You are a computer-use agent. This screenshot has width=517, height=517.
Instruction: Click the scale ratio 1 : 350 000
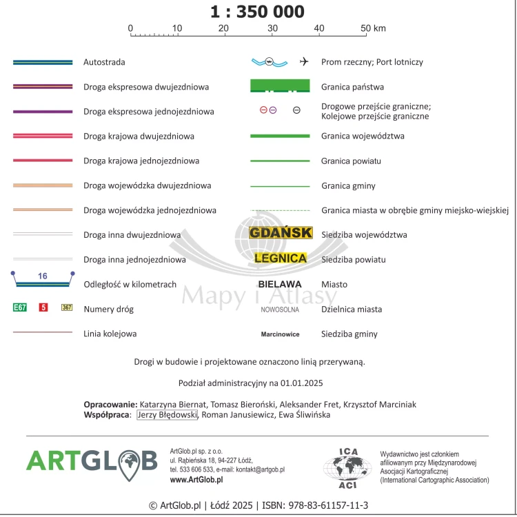[256, 12]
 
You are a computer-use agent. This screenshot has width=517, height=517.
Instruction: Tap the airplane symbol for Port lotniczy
[304, 62]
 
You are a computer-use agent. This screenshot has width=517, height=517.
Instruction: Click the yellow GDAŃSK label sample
[281, 233]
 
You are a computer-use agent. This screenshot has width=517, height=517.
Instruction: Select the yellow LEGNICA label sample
[280, 258]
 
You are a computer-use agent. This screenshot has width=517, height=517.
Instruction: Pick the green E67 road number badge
[20, 307]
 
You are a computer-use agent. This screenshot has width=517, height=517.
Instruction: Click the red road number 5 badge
[43, 307]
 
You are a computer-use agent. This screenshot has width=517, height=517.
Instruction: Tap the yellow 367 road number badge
[67, 307]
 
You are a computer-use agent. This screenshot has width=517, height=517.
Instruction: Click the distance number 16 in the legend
[43, 276]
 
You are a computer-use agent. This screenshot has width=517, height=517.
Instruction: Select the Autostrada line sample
[43, 62]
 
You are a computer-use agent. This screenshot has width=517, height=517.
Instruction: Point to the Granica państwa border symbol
[279, 87]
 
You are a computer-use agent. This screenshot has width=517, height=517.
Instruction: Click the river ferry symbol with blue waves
[269, 62]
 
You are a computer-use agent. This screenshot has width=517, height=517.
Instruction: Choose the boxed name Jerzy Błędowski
[168, 415]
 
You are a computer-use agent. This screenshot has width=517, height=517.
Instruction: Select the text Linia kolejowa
[110, 334]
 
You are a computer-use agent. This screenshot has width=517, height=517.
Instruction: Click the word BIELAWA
[280, 284]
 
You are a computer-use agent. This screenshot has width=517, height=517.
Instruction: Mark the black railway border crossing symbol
[296, 110]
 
